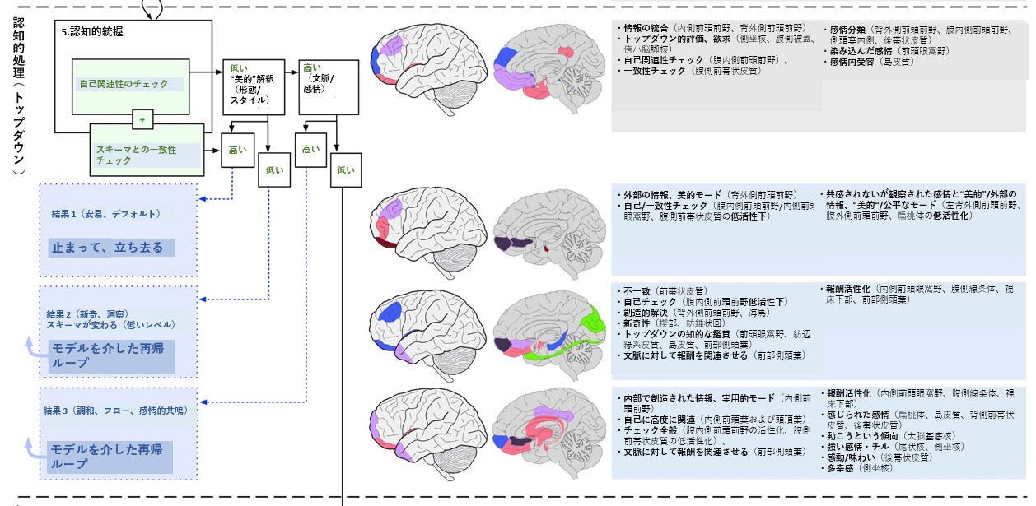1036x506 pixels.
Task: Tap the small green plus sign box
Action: pyautogui.click(x=142, y=120)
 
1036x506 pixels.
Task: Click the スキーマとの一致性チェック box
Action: pyautogui.click(x=146, y=154)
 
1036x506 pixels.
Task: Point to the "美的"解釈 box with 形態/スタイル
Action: pyautogui.click(x=251, y=86)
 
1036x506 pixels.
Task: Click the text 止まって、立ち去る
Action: pyautogui.click(x=108, y=248)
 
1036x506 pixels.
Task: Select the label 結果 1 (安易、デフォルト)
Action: pyautogui.click(x=105, y=214)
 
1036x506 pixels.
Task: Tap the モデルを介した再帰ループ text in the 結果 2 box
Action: pyautogui.click(x=108, y=355)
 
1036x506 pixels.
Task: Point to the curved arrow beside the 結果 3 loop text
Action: pyautogui.click(x=33, y=448)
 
